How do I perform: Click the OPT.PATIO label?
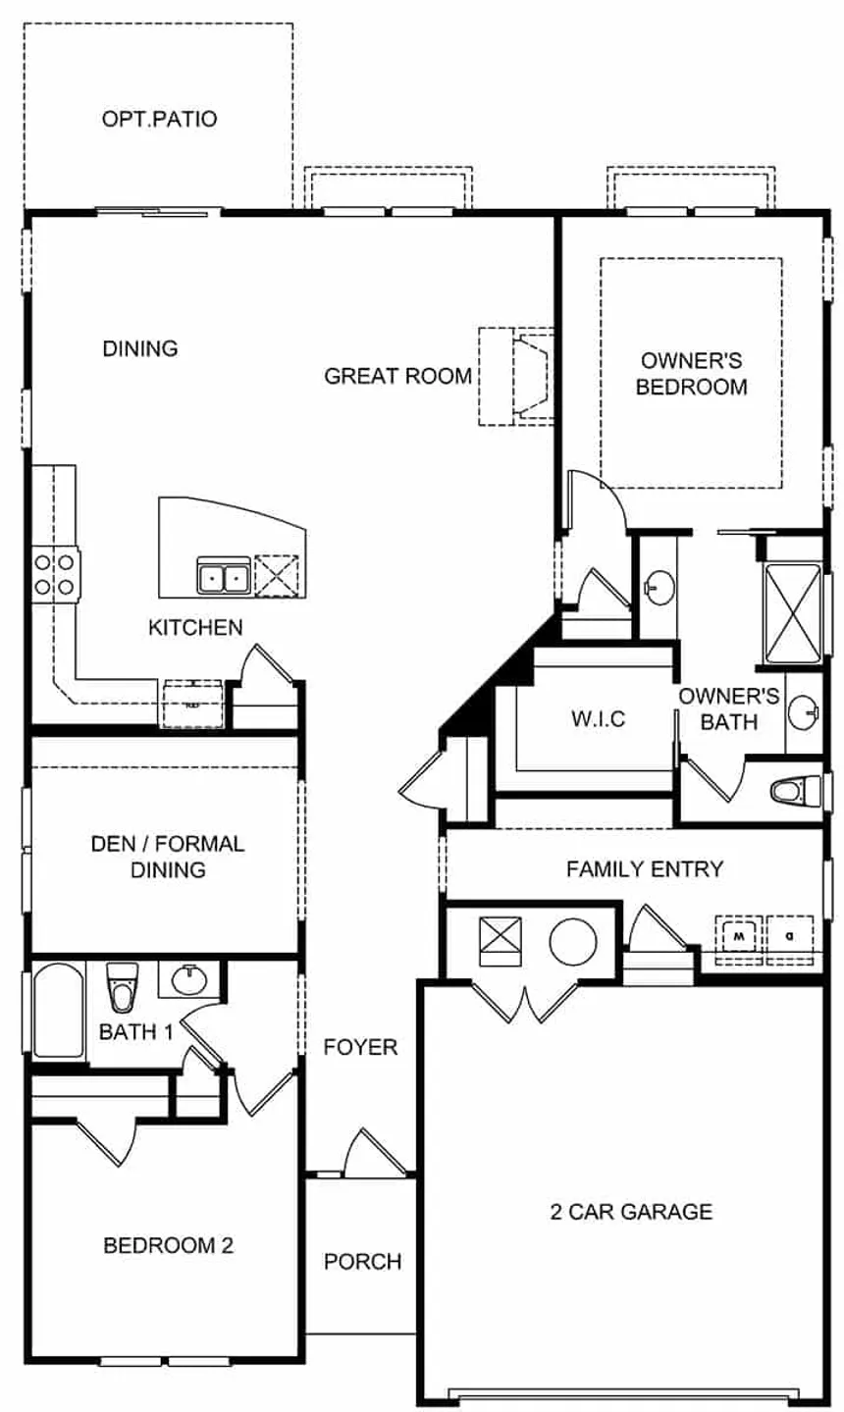159,120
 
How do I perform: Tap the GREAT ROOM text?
397,376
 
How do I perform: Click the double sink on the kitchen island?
223,577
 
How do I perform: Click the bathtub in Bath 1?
59,1011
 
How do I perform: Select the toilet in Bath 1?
122,986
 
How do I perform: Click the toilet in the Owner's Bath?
796,790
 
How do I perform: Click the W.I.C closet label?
598,719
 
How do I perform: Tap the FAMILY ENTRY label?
644,868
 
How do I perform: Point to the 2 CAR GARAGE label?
630,1212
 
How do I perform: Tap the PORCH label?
362,1262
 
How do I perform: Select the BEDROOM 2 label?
168,1246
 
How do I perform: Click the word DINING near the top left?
140,348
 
